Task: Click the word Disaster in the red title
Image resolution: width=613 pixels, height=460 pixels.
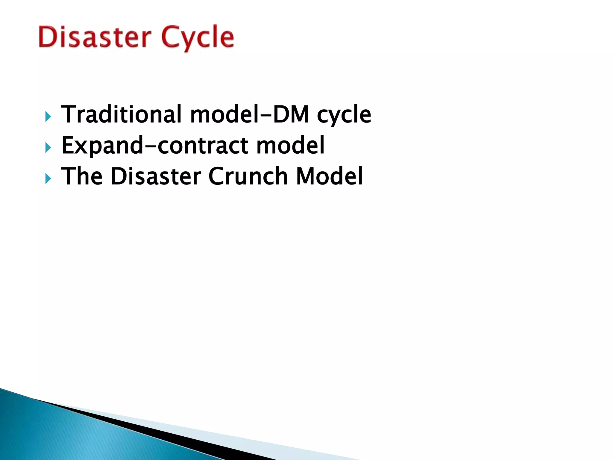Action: (x=94, y=37)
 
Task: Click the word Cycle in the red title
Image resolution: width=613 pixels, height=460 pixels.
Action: (x=198, y=37)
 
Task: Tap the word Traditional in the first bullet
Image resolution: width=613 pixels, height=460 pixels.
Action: (x=121, y=114)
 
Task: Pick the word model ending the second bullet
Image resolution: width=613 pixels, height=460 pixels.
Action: (x=290, y=146)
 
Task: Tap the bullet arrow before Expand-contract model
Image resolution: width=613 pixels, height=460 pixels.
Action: (x=48, y=148)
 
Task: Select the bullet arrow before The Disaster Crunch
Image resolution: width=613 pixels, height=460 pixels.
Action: (x=48, y=179)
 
